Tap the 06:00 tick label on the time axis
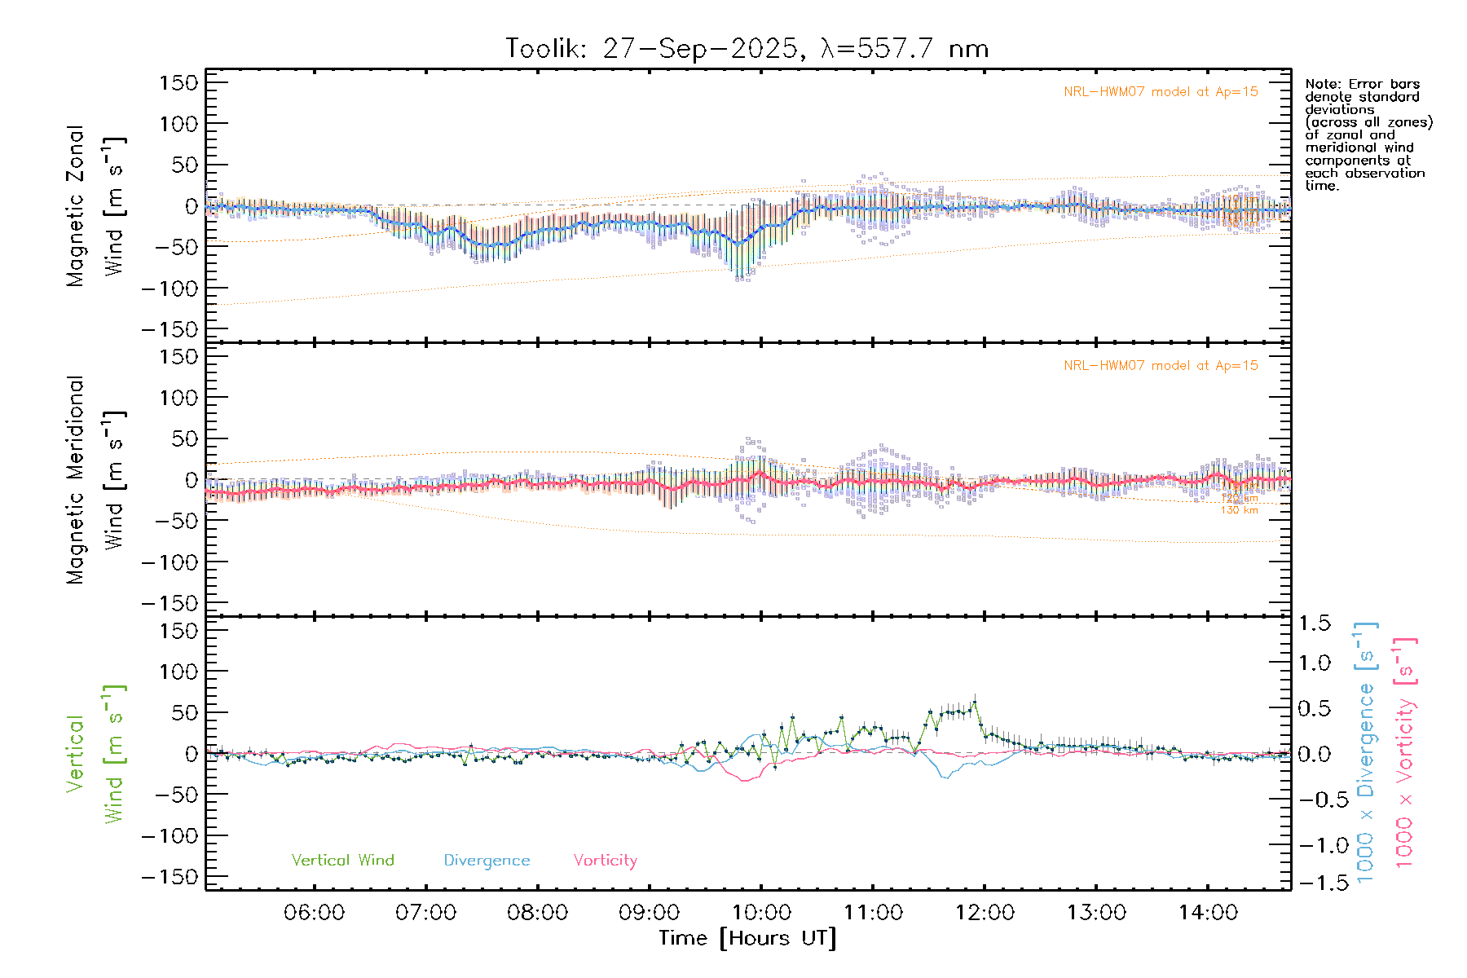[314, 913]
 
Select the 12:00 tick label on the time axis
[985, 913]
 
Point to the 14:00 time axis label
[1208, 913]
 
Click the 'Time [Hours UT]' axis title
[747, 938]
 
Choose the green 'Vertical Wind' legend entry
[342, 860]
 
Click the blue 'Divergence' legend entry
[487, 860]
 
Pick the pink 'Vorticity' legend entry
[605, 860]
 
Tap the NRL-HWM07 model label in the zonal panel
[1161, 92]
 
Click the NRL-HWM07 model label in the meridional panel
[1161, 366]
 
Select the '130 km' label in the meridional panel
[1239, 510]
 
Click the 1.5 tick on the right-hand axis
[1314, 623]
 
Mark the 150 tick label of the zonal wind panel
[178, 82]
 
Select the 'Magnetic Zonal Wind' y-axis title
[95, 205]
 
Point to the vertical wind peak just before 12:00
[975, 702]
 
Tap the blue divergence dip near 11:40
[946, 778]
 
